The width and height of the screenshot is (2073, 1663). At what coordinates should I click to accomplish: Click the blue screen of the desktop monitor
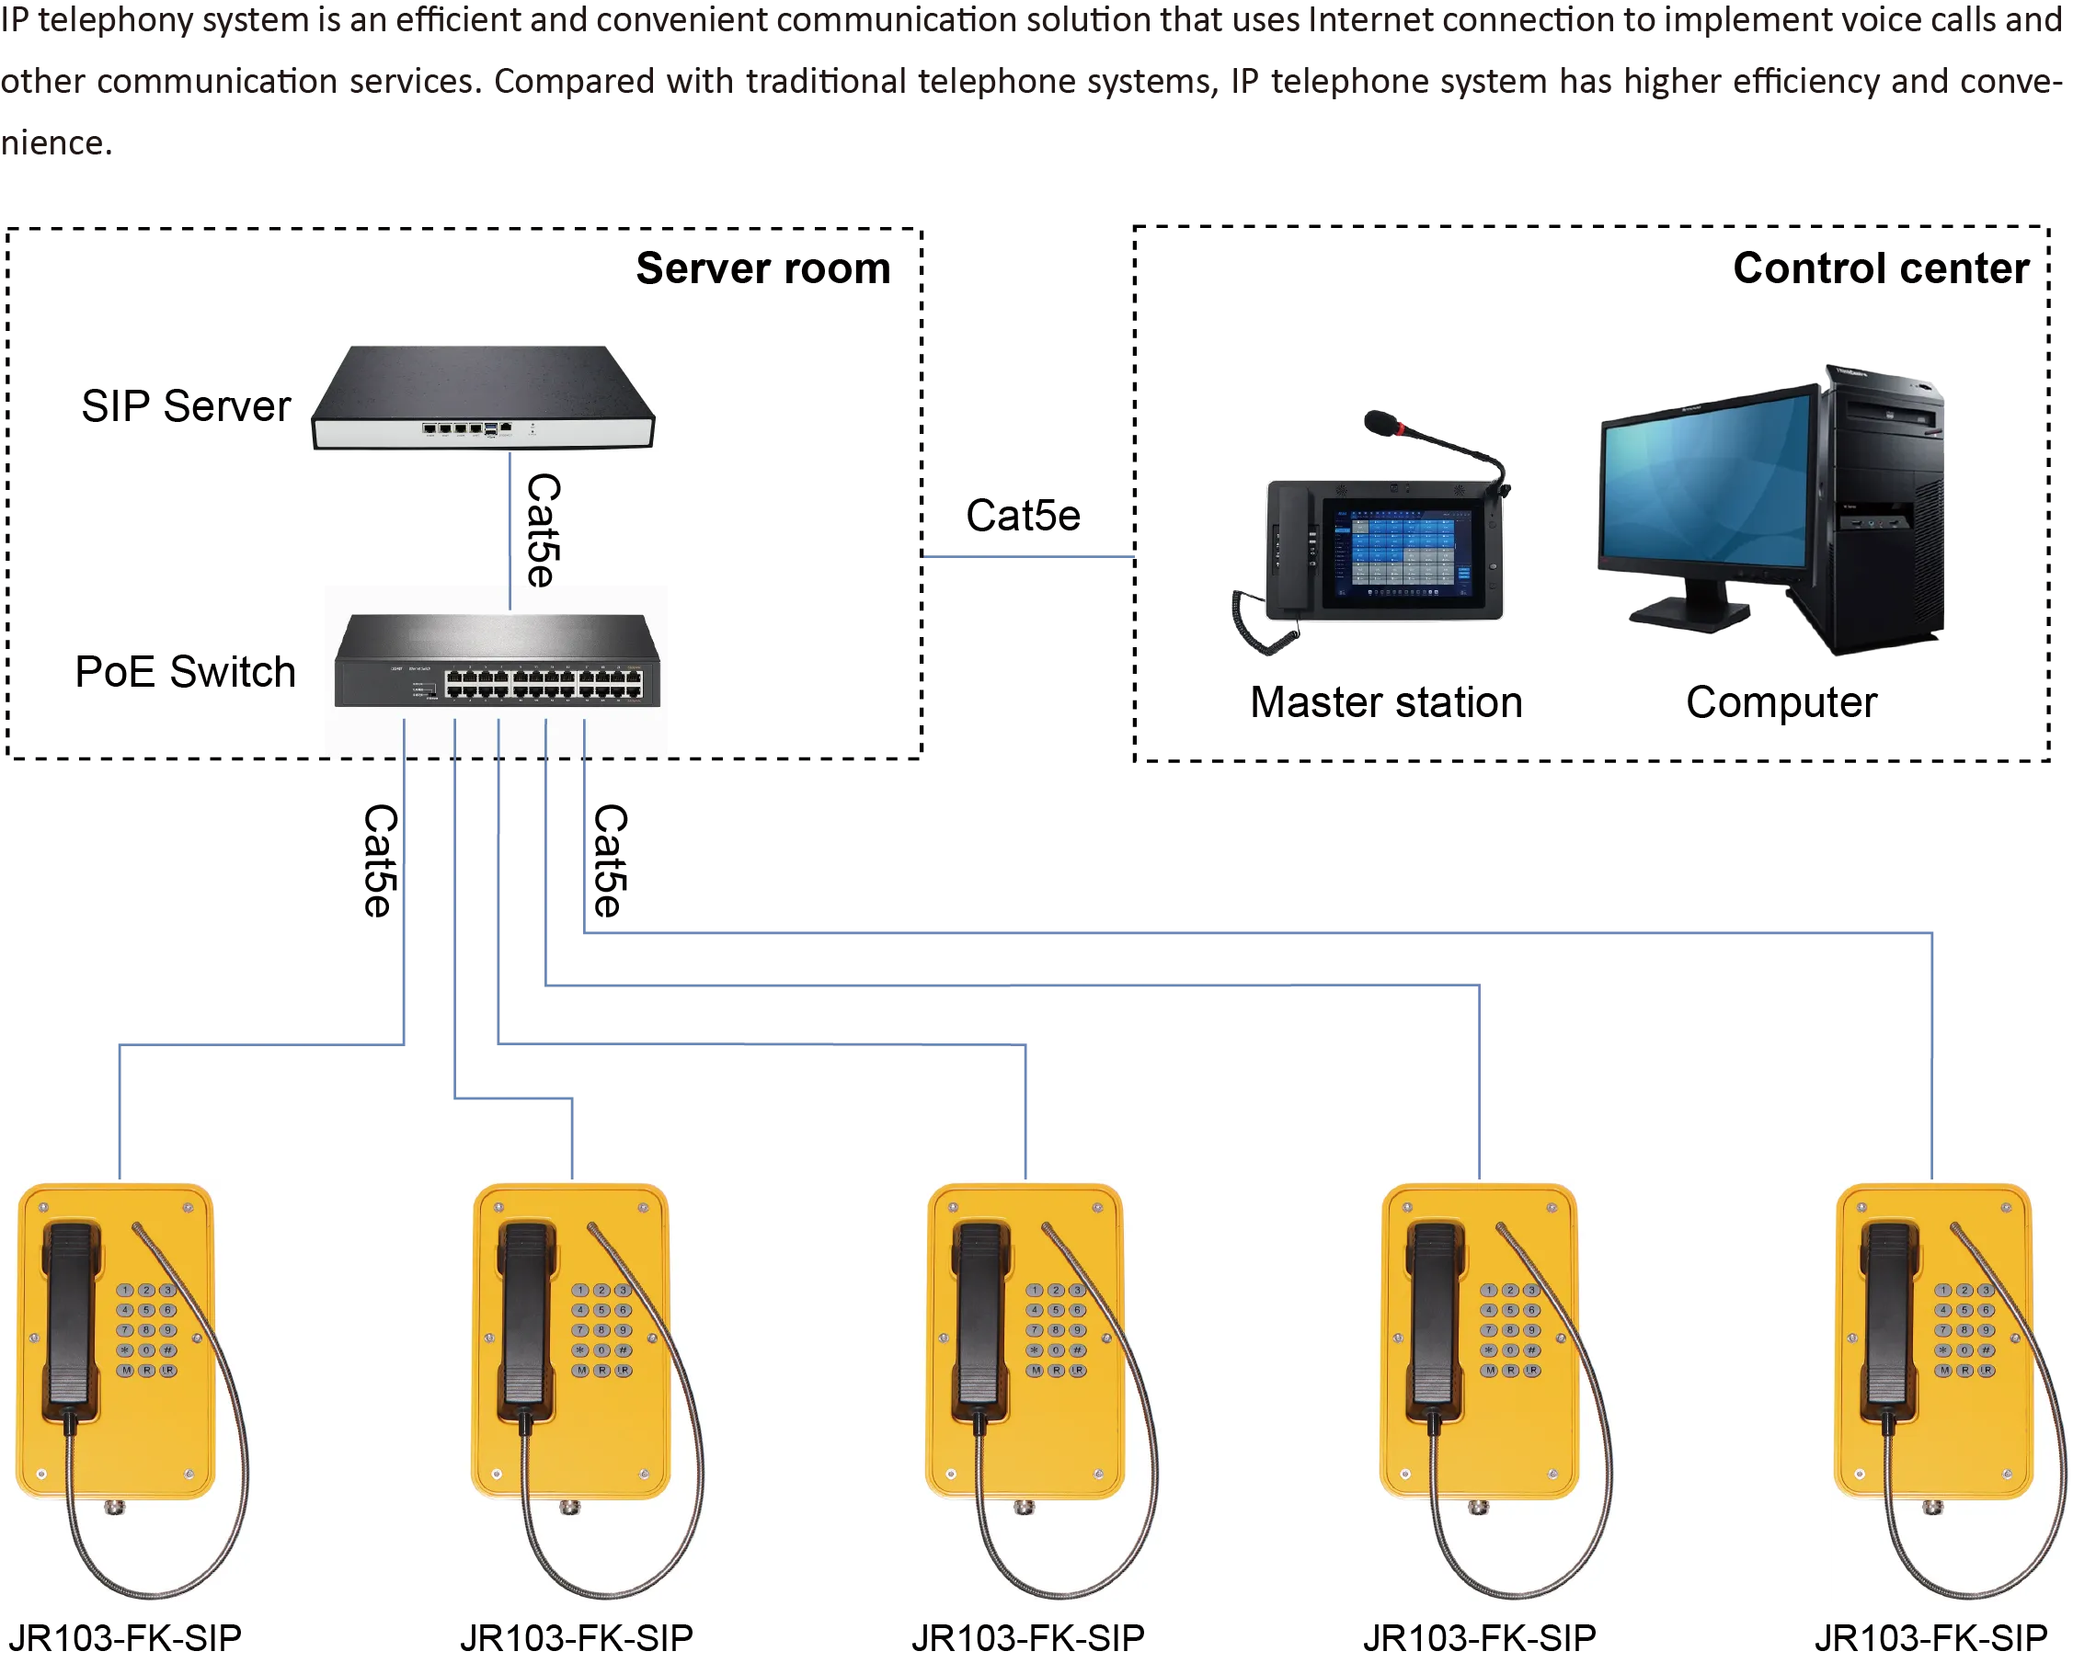1707,490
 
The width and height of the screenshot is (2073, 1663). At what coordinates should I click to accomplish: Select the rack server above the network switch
484,396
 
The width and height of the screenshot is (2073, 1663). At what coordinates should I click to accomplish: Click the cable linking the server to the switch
510,519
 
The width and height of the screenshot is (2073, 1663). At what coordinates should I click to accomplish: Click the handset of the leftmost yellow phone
70,1317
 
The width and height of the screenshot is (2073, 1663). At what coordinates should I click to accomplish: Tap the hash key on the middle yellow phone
1078,1350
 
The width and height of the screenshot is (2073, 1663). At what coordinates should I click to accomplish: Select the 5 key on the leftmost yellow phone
146,1310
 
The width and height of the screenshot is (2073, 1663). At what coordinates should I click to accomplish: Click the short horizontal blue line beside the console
1031,554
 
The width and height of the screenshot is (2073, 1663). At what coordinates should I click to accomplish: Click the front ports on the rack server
466,427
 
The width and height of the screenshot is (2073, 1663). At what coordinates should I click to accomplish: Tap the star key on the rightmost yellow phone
1943,1350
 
